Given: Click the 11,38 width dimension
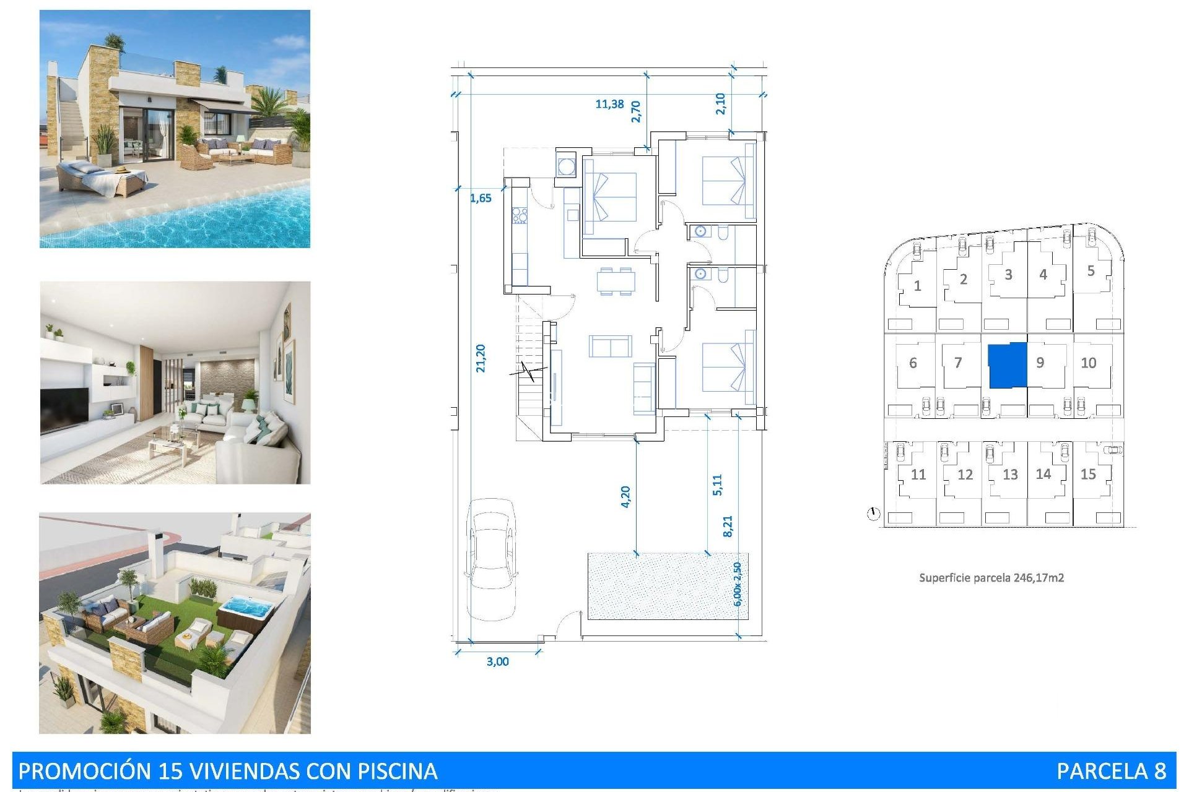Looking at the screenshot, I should coord(609,104).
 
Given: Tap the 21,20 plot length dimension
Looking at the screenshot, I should coord(481,358).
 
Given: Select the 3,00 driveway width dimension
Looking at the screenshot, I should coord(497,661).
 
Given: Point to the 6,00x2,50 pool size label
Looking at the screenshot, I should coord(736,584).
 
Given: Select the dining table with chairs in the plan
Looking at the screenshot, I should coord(616,281).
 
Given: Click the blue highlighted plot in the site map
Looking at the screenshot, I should coord(1007,365).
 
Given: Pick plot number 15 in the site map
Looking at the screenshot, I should coord(1088,474).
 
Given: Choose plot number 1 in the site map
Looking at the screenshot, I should coord(917,286).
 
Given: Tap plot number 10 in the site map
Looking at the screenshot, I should coord(1088,363).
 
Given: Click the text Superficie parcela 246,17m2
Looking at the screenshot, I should coord(991,578).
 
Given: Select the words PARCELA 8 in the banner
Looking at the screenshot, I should coord(1111,771).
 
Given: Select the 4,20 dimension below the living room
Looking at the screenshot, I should coord(625,496).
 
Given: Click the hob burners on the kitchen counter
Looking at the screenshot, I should coord(520,215).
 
